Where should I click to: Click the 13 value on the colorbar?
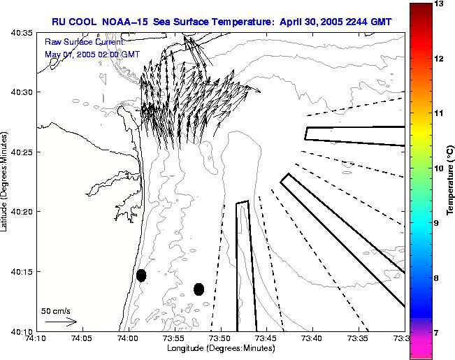pyautogui.click(x=440, y=4)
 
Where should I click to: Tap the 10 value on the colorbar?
pyautogui.click(x=440, y=168)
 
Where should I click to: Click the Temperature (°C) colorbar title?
pyautogui.click(x=452, y=181)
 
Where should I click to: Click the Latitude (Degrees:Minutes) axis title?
pyautogui.click(x=6, y=181)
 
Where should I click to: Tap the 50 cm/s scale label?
pyautogui.click(x=56, y=311)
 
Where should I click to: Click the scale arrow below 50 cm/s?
pyautogui.click(x=61, y=322)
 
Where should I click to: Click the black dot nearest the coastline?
pyautogui.click(x=141, y=275)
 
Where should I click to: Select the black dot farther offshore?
pyautogui.click(x=198, y=289)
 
